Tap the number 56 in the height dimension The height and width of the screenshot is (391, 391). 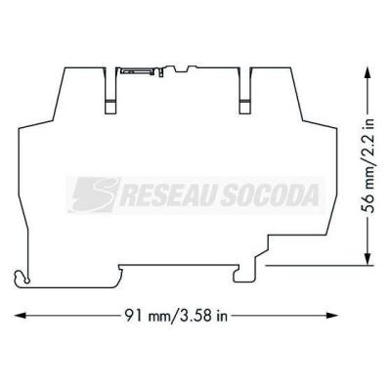(369, 204)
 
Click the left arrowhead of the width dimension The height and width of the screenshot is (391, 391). (21, 316)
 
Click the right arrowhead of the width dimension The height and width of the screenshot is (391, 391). (332, 316)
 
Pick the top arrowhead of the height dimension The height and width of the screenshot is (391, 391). (369, 72)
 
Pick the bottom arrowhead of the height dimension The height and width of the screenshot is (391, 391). (369, 259)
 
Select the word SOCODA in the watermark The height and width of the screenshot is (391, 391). (270, 195)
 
